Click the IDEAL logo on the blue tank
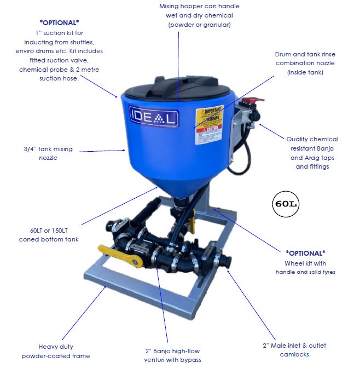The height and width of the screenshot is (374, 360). (154, 117)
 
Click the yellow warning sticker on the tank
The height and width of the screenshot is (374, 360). (210, 125)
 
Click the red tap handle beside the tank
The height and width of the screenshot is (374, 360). (255, 102)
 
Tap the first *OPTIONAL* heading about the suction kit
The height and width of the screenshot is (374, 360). (60, 22)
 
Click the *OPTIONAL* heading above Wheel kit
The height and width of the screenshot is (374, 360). (305, 253)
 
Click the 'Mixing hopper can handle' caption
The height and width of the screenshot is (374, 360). (199, 6)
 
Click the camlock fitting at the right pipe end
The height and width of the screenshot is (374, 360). (225, 261)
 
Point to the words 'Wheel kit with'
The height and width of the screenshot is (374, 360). (305, 263)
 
